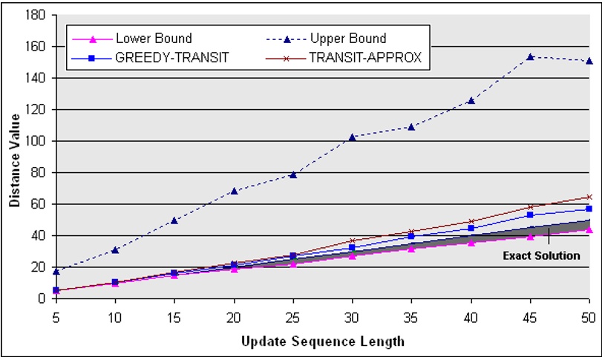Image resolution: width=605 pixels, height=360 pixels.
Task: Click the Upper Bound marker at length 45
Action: pos(530,56)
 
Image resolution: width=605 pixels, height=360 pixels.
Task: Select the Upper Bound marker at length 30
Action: pos(352,137)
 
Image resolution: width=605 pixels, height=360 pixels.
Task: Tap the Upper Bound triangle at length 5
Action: pos(56,272)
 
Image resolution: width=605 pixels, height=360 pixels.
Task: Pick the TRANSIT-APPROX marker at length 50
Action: pos(589,197)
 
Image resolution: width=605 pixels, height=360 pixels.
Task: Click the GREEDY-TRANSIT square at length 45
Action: pos(530,215)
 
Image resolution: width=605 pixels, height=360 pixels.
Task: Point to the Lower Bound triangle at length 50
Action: pos(589,229)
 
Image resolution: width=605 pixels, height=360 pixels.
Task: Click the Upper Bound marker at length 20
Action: pos(234,191)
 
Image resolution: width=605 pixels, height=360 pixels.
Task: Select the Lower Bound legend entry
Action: pos(153,38)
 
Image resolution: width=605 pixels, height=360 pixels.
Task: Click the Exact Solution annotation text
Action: pos(541,256)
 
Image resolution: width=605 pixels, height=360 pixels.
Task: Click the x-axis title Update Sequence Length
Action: pos(322,341)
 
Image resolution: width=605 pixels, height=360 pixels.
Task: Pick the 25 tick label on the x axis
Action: pos(292,315)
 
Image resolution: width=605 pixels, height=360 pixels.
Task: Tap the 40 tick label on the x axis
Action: pos(471,315)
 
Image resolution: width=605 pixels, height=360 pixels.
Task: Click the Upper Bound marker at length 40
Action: pos(471,100)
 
